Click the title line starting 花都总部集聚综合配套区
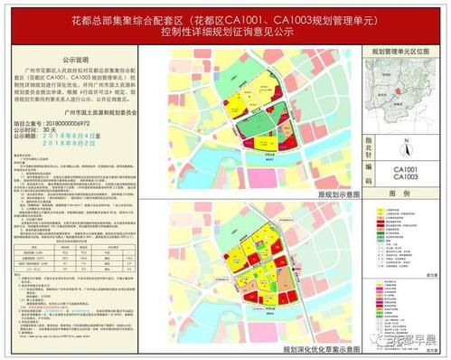(226, 18)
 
